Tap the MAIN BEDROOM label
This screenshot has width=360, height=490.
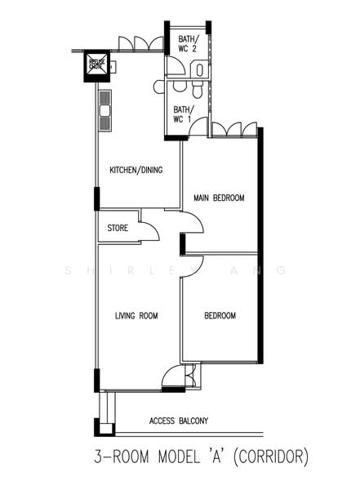tap(219, 198)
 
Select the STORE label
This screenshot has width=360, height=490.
tap(118, 229)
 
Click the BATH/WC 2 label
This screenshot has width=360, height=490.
tap(187, 42)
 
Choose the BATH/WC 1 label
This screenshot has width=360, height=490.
tap(182, 114)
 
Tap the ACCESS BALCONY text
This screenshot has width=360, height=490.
tap(179, 421)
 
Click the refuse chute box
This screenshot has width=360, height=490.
tap(96, 64)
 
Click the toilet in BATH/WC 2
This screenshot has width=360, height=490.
tap(199, 69)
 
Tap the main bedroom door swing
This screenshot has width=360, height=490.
tap(189, 223)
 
